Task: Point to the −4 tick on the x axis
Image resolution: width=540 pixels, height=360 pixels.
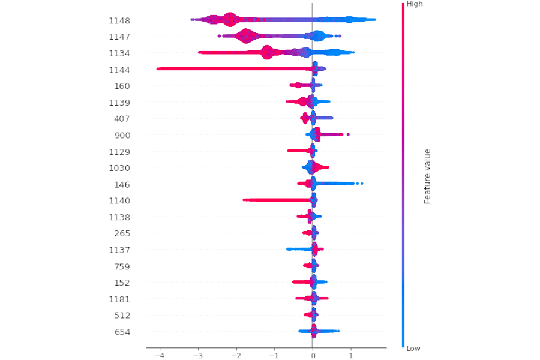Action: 159,356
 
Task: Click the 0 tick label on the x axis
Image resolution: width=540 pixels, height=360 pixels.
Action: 313,356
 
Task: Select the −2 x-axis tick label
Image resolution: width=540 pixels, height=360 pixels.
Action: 236,356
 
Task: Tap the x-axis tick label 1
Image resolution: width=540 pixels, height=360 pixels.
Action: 351,356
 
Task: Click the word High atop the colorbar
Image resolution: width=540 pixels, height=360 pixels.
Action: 415,4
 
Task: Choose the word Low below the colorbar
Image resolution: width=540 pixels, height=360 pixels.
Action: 414,349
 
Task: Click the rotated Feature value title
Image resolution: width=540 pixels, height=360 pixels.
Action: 428,176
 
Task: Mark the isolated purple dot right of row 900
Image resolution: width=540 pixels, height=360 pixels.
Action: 348,134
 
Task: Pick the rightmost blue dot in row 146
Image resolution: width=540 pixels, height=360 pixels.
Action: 362,184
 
